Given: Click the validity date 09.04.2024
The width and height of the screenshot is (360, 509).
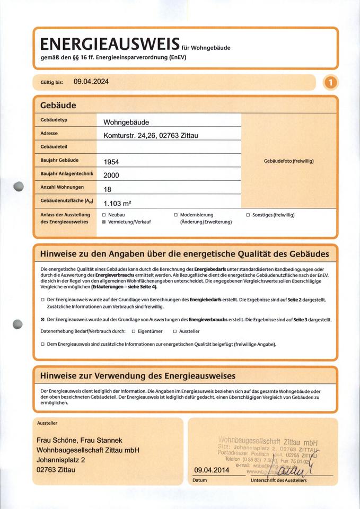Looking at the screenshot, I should (x=91, y=82).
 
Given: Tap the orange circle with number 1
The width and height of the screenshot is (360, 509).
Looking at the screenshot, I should (x=331, y=82).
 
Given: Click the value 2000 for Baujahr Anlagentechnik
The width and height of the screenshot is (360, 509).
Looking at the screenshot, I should (x=111, y=175).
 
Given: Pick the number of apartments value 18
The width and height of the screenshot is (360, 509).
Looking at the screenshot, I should (x=107, y=188).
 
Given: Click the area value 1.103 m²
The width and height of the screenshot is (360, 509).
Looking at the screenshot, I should (x=117, y=203).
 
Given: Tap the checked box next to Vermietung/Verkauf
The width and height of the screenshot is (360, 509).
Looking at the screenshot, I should (x=104, y=222).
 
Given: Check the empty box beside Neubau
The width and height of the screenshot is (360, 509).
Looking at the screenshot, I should (x=104, y=215).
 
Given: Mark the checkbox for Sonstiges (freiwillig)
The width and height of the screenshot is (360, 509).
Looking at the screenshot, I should (x=248, y=215).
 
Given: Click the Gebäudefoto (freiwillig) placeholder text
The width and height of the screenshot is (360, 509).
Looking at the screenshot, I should (x=289, y=161).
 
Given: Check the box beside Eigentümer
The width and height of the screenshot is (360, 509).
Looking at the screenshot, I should (x=134, y=331).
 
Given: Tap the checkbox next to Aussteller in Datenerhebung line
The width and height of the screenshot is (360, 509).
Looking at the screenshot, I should (x=175, y=331).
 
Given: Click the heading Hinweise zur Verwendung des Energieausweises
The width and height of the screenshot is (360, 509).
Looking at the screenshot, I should (x=138, y=376).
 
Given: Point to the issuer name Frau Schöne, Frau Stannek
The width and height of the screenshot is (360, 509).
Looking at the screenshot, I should (x=80, y=440).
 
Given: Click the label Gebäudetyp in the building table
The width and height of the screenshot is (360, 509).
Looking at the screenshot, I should (x=54, y=120).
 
